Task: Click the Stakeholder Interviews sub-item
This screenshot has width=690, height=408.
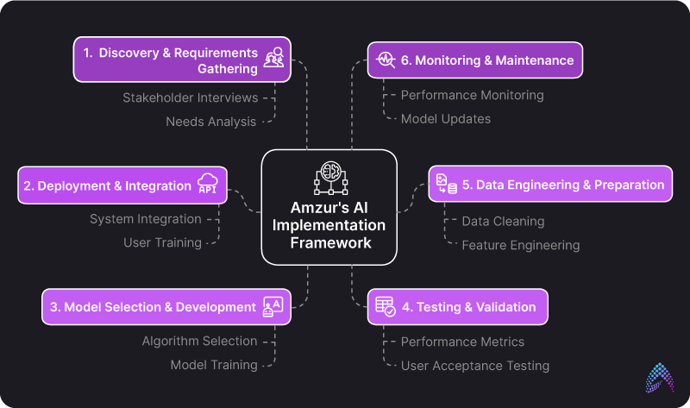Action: click(190, 97)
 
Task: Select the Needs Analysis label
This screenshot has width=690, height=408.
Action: click(210, 122)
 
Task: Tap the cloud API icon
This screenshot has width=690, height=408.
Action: click(208, 183)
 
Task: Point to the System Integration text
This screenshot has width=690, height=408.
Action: click(146, 219)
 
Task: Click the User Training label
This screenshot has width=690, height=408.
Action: click(162, 243)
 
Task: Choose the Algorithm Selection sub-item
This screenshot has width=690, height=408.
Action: click(199, 341)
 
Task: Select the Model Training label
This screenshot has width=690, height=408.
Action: click(213, 365)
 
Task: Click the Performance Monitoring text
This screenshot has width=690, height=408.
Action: click(472, 95)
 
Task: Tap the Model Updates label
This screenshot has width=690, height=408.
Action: click(445, 119)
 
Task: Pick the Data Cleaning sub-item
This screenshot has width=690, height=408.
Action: click(503, 222)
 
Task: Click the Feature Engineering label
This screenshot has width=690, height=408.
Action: click(520, 246)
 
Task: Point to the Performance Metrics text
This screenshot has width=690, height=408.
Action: click(462, 342)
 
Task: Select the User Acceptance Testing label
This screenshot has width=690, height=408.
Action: click(474, 366)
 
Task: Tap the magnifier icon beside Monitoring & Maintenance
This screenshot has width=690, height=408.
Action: click(385, 60)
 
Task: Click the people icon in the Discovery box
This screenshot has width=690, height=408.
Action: click(274, 59)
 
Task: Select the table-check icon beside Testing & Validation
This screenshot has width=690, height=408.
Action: click(385, 306)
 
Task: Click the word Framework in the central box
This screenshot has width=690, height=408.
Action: click(329, 242)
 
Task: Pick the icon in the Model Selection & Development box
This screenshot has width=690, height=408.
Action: click(273, 307)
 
